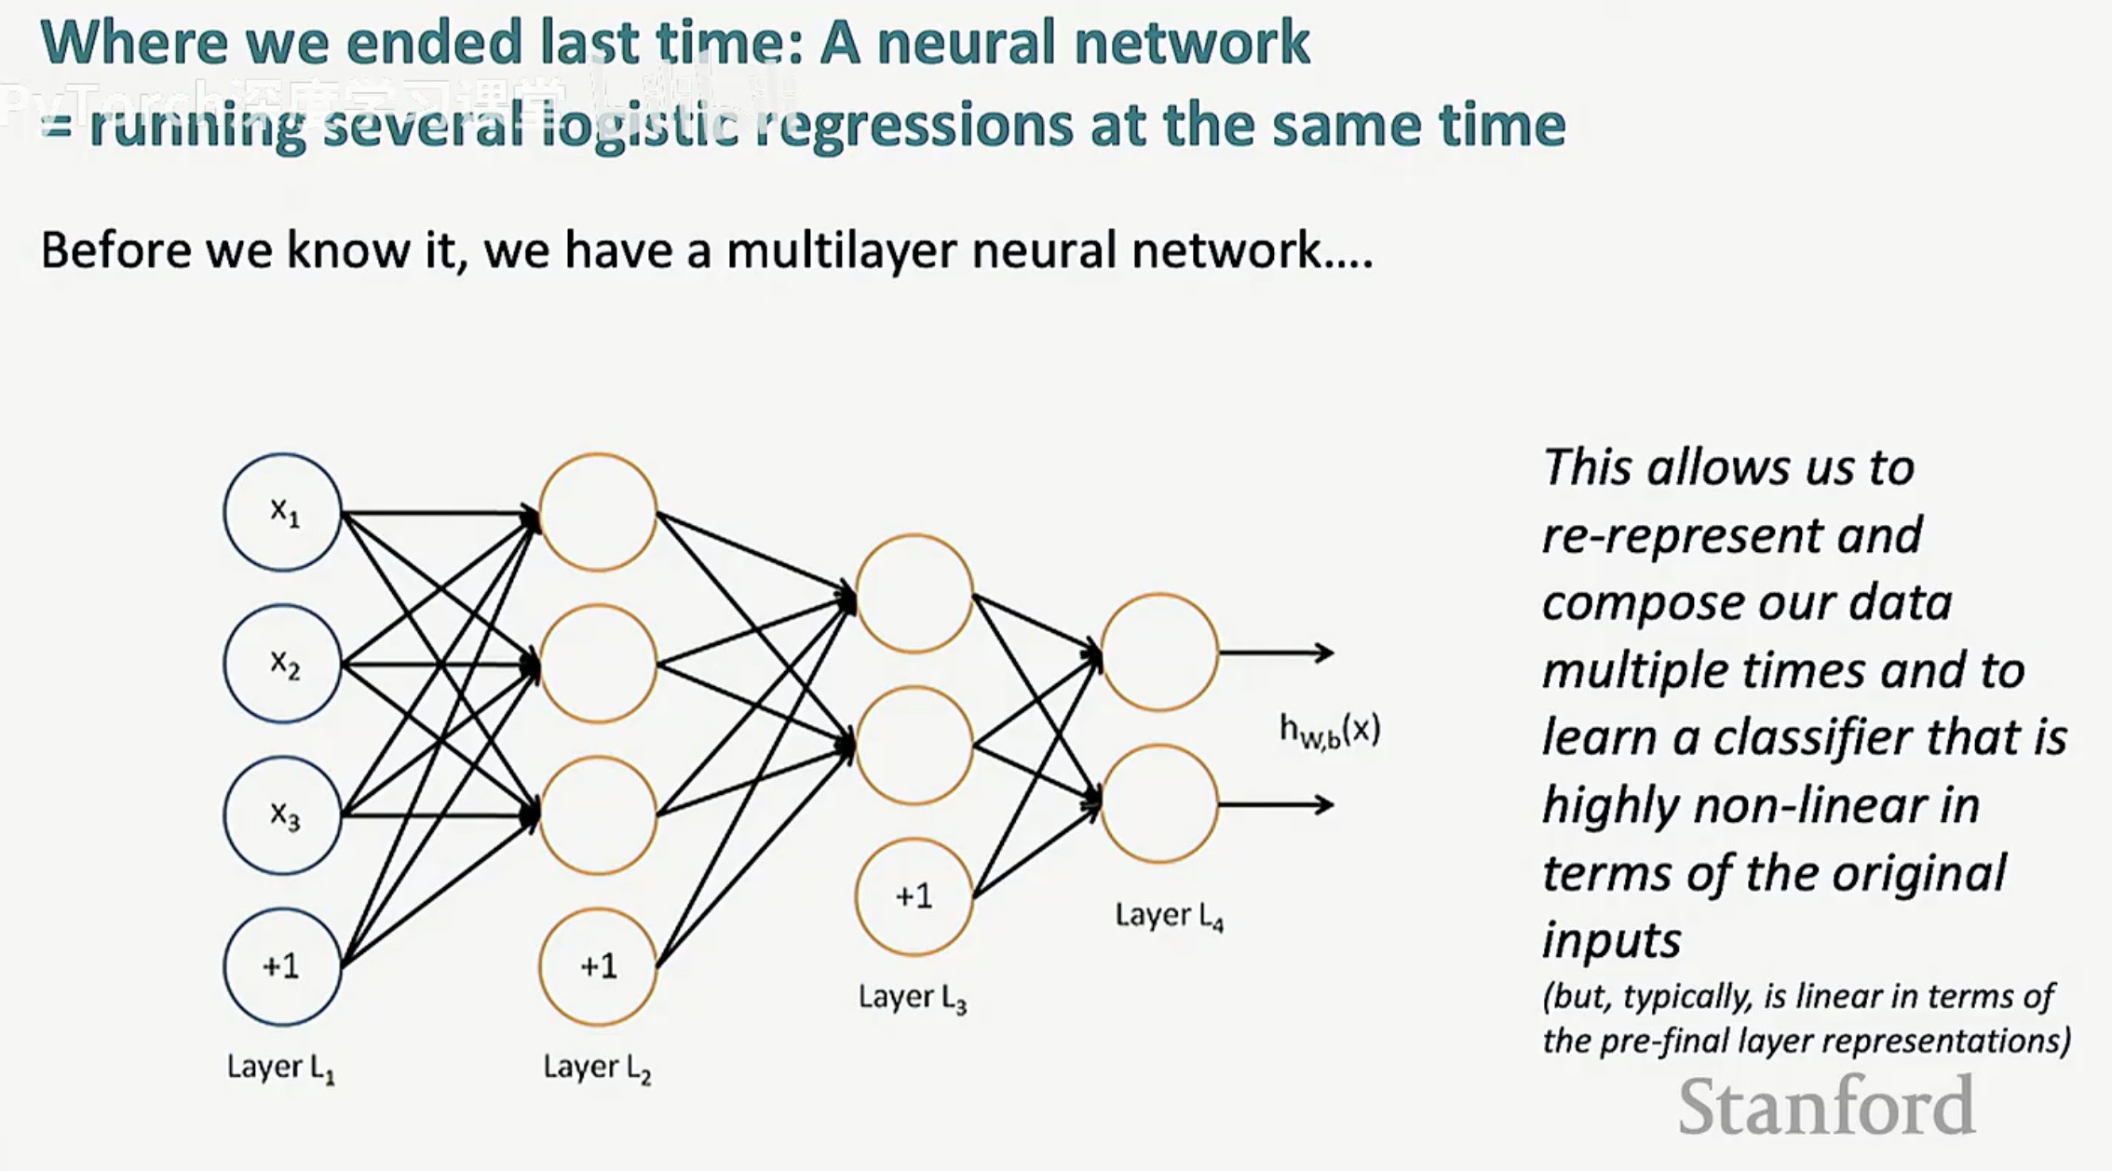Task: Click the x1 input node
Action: pos(282,512)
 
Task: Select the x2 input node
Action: pos(282,664)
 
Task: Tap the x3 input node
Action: pos(282,815)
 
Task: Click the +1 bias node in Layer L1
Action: pos(282,966)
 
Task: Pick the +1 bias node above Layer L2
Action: pos(598,966)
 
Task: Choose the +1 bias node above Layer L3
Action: pos(914,896)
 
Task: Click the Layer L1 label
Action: pos(280,1068)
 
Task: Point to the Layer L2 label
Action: pos(597,1068)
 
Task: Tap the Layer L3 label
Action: pos(913,998)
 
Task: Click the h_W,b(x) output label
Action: pos(1330,731)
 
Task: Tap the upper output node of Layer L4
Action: pos(1159,653)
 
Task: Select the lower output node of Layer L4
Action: pos(1159,803)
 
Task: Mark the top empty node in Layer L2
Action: pos(598,512)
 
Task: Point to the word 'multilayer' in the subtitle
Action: pos(842,251)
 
